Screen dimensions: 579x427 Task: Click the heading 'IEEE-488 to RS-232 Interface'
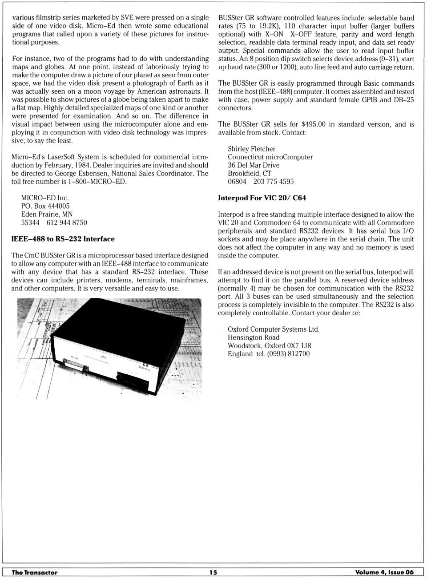63,239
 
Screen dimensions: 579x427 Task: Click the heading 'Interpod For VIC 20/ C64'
262,198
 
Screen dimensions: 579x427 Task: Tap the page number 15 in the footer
213,572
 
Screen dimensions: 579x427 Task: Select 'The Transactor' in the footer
35,572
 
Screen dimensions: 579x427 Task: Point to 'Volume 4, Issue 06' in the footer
384,572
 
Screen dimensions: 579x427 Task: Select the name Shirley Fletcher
251,149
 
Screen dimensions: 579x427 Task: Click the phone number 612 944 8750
67,222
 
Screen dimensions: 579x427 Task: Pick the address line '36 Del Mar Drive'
254,165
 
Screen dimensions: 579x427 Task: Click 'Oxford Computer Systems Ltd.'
274,329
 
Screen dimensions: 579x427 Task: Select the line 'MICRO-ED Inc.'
45,198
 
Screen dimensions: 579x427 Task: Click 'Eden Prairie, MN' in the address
47,214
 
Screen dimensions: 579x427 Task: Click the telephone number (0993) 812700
288,354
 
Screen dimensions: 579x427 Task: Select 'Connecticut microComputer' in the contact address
270,157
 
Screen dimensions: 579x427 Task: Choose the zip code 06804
237,182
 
